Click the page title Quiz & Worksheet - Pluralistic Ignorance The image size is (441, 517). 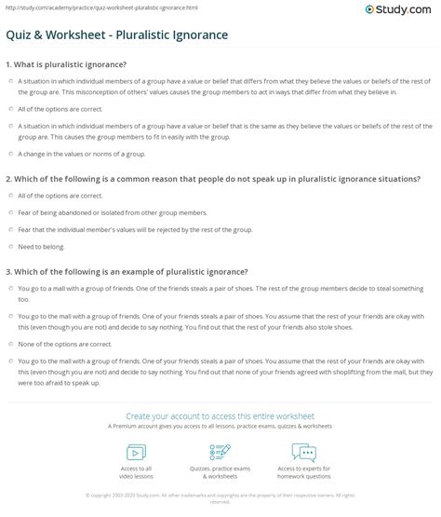coord(131,35)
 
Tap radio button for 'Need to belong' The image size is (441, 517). coord(10,246)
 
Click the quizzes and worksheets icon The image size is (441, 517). coord(220,452)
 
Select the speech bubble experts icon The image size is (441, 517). coord(304,452)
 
